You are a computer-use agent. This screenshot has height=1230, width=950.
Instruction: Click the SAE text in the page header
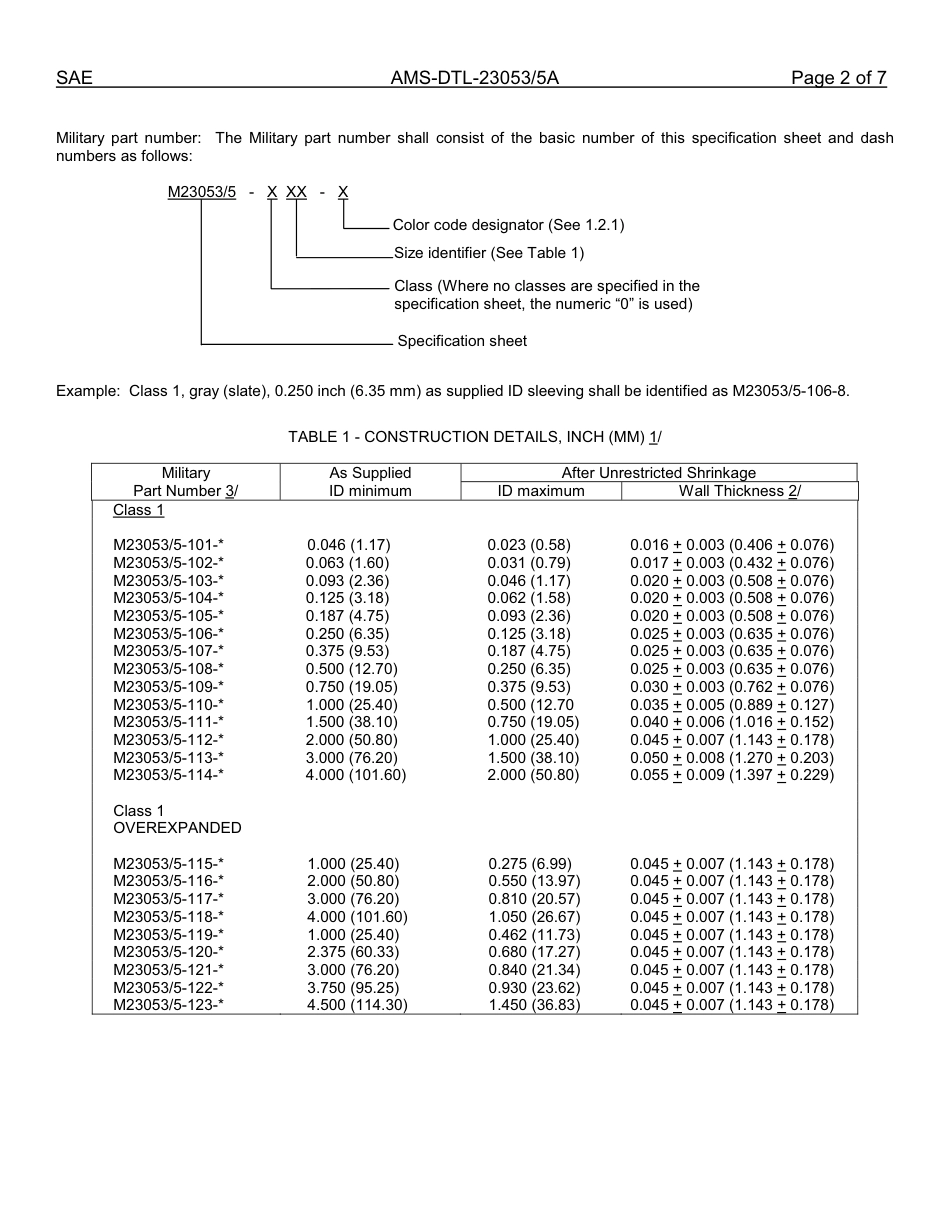coord(74,79)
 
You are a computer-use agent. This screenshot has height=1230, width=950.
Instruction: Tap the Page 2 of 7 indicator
coord(838,79)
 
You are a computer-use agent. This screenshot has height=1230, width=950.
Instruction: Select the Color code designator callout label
coord(508,226)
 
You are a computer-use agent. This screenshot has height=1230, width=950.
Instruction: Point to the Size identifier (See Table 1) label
coord(489,253)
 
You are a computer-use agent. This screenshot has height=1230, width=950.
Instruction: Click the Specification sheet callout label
coord(462,341)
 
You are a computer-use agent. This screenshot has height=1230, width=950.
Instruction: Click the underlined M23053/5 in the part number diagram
coord(202,192)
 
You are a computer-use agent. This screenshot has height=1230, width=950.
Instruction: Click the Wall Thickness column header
coord(739,491)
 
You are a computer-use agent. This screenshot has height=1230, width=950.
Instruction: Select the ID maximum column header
coord(541,491)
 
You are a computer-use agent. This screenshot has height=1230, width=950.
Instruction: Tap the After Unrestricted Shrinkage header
coord(658,473)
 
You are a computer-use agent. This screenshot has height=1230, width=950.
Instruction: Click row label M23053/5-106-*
coord(168,634)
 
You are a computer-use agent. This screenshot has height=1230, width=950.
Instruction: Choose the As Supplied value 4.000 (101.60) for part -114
coord(356,775)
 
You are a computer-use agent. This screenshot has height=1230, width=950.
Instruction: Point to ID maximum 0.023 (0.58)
coord(529,545)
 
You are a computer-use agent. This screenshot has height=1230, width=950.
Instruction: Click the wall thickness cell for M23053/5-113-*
coord(731,758)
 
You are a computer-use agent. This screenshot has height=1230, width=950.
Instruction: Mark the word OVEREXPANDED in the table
coord(177,828)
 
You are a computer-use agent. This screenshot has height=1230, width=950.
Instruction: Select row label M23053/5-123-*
coord(168,1005)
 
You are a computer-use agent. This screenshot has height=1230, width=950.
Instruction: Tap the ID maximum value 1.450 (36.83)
coord(534,1005)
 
